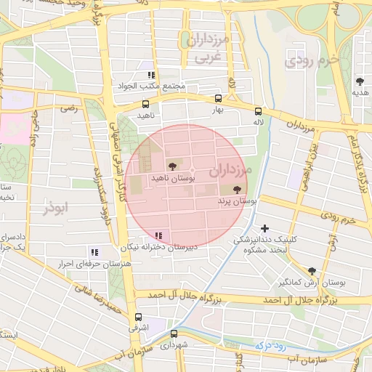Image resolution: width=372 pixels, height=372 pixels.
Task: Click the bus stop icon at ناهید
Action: pyautogui.click(x=145, y=104)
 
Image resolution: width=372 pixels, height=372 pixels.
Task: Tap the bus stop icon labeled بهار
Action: pyautogui.click(x=218, y=98)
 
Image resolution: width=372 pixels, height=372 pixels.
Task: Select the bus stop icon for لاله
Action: pyautogui.click(x=257, y=111)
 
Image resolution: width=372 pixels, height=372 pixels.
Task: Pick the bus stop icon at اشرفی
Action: pyautogui.click(x=138, y=317)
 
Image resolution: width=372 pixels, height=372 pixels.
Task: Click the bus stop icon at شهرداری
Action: pyautogui.click(x=174, y=333)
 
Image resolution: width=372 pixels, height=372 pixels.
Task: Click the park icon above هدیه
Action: pyautogui.click(x=360, y=81)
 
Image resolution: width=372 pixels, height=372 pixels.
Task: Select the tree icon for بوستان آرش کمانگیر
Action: pyautogui.click(x=312, y=270)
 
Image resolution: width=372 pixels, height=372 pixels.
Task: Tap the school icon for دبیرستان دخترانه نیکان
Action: pyautogui.click(x=158, y=235)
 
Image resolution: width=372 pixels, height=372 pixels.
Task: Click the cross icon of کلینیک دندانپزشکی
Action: pyautogui.click(x=264, y=228)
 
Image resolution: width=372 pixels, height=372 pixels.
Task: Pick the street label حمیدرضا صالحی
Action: pyautogui.click(x=92, y=298)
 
